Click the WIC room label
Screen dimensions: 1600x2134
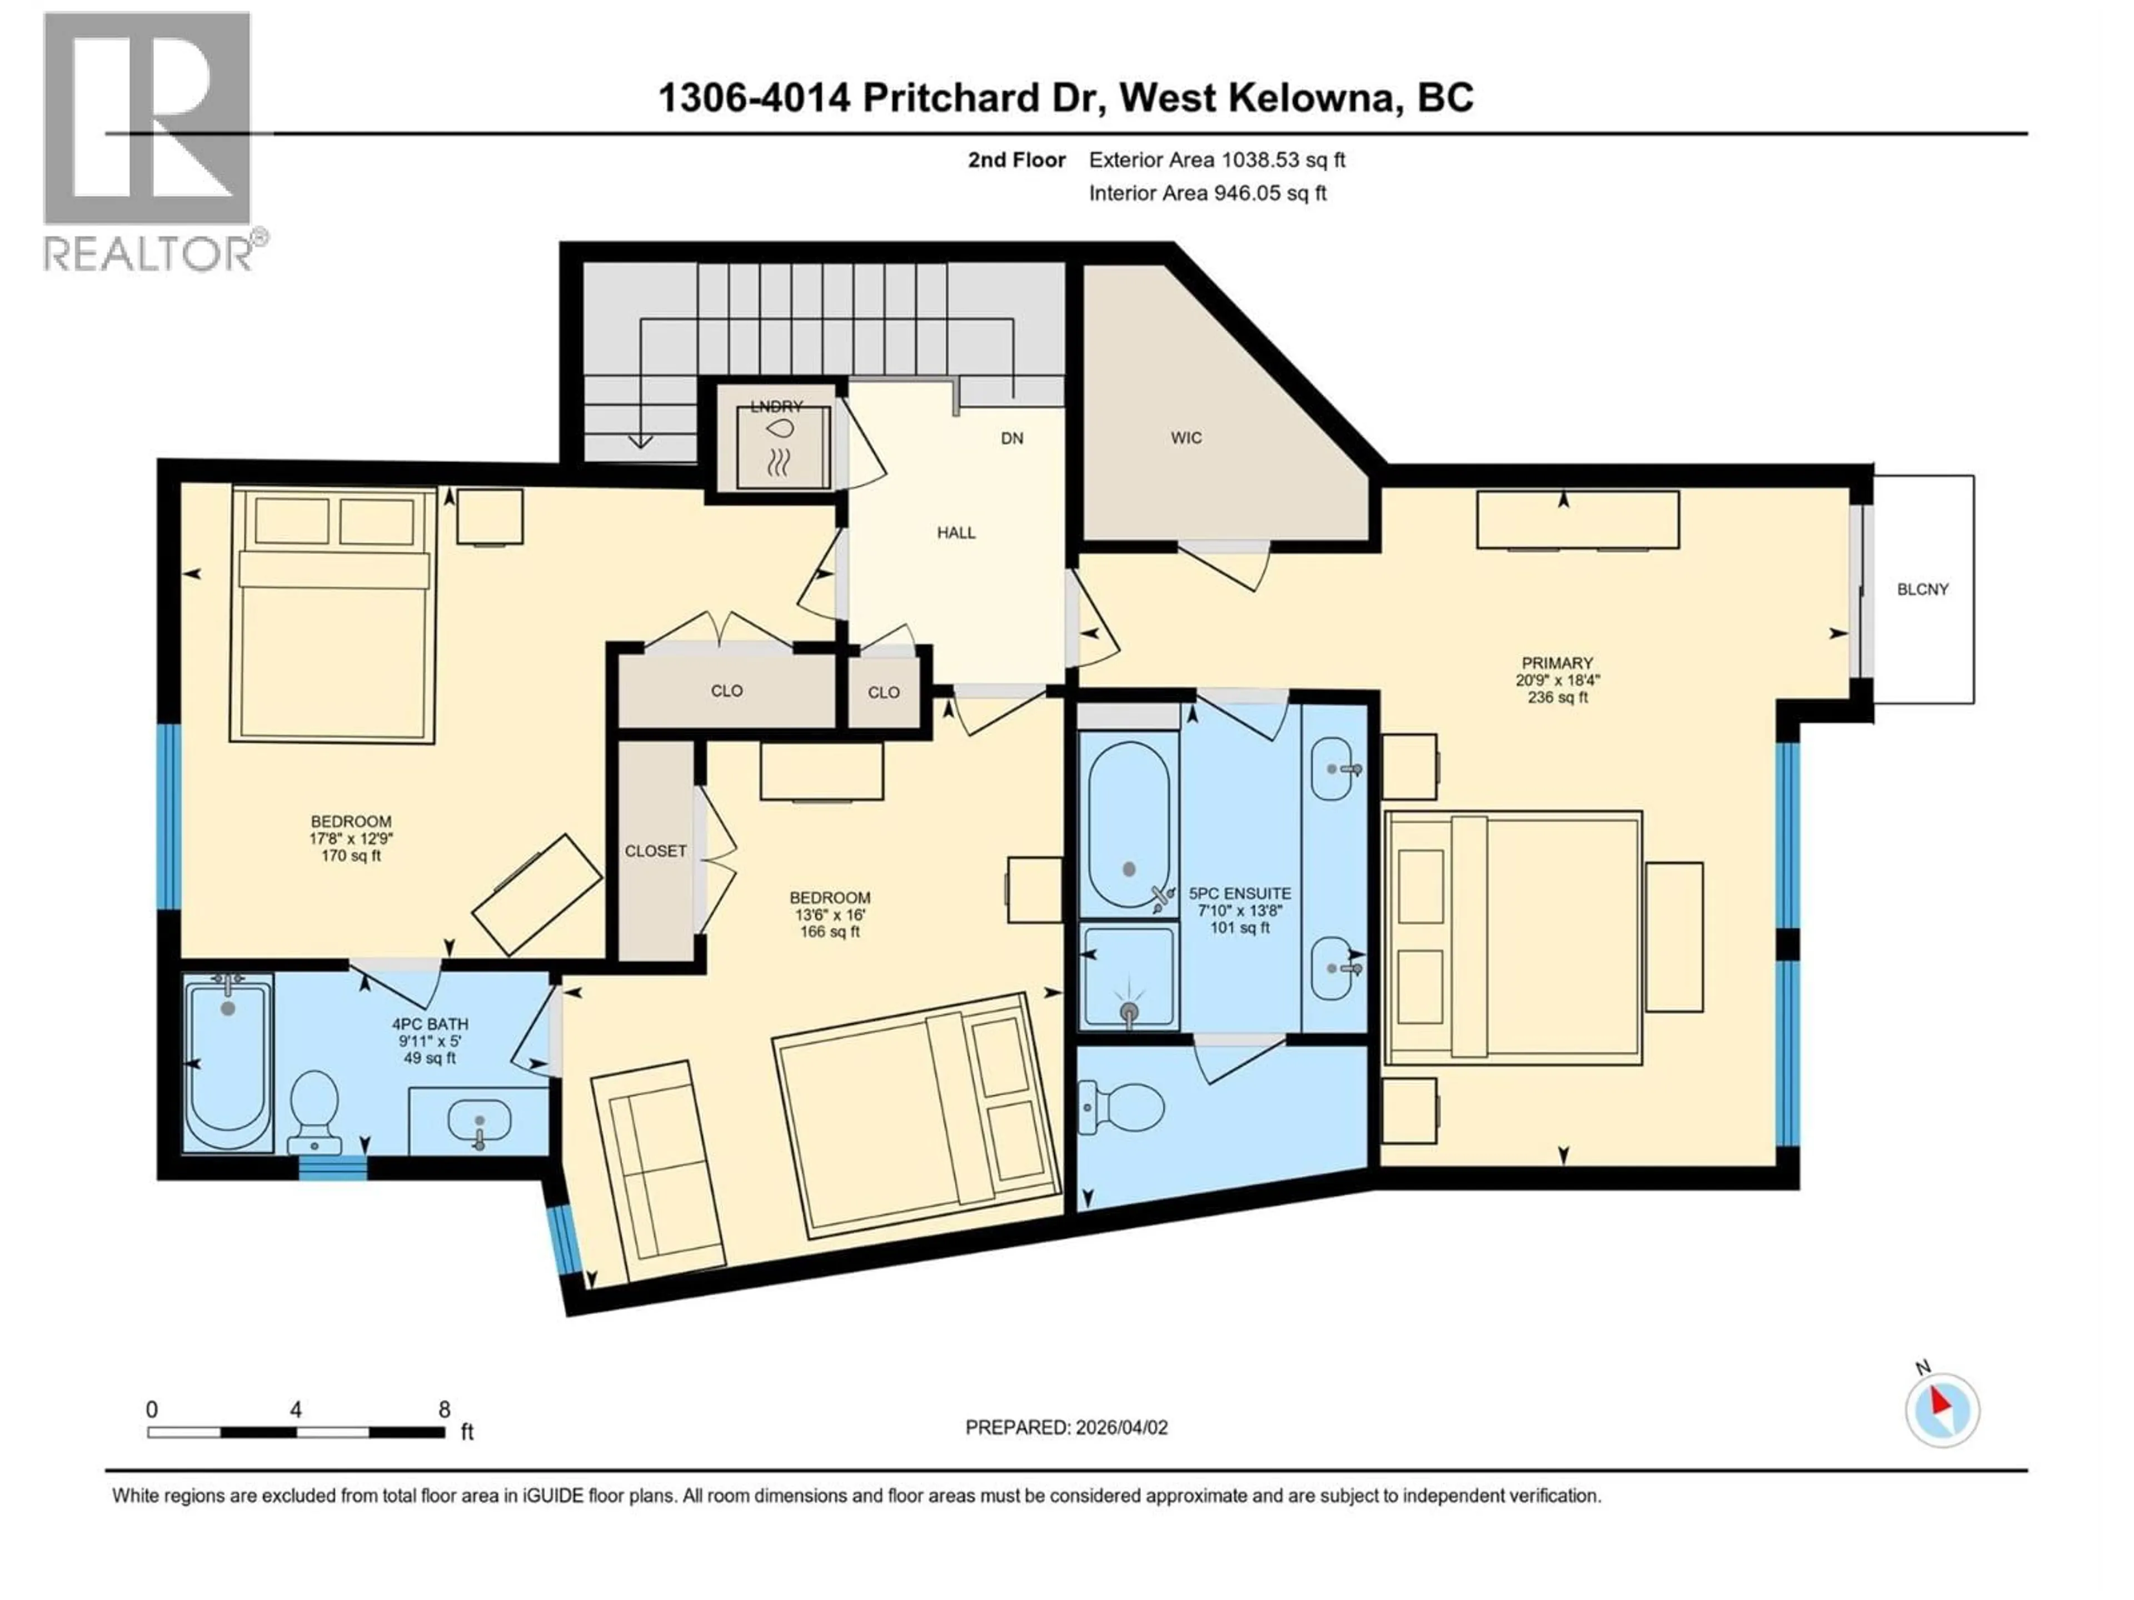point(1186,438)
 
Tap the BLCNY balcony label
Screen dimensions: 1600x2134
point(1922,589)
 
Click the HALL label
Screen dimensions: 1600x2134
point(956,532)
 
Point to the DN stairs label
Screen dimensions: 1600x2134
point(1011,439)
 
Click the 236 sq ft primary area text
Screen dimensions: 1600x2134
point(1557,697)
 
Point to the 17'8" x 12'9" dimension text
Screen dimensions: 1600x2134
point(351,838)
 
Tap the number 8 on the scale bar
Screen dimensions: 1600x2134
point(444,1409)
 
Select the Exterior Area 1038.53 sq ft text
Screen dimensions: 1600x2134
point(1216,160)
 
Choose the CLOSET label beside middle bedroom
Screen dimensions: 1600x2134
point(655,851)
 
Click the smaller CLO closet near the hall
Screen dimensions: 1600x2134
point(882,692)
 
